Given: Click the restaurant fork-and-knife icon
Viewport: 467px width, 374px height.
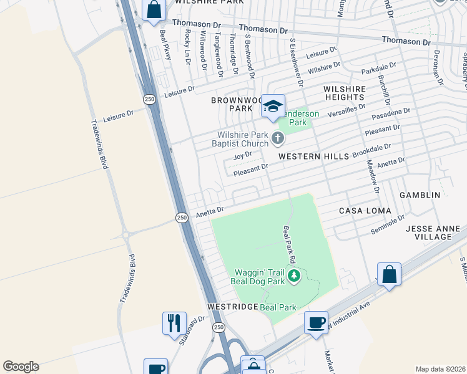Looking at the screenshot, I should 174,323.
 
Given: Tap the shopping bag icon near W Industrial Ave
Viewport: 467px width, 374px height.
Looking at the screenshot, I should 390,274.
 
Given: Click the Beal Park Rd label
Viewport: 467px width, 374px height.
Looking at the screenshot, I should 290,243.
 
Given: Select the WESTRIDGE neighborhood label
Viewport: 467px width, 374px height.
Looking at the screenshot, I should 232,307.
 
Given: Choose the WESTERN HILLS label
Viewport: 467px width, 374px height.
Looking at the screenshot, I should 313,156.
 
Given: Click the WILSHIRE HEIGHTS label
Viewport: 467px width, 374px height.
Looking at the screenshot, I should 344,93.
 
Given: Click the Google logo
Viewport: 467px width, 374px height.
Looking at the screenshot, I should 21,366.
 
